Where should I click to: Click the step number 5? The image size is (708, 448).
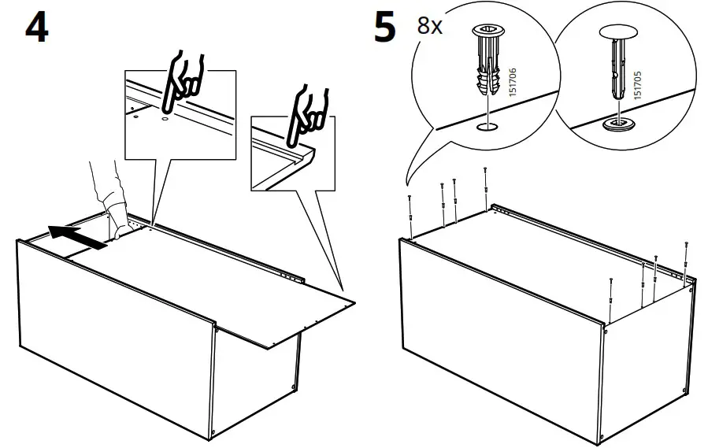385,28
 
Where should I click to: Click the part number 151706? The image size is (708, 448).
514,82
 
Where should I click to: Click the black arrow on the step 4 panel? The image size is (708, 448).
76,236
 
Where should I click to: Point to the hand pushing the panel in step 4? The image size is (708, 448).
108,197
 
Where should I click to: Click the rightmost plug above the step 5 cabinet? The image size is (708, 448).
688,259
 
